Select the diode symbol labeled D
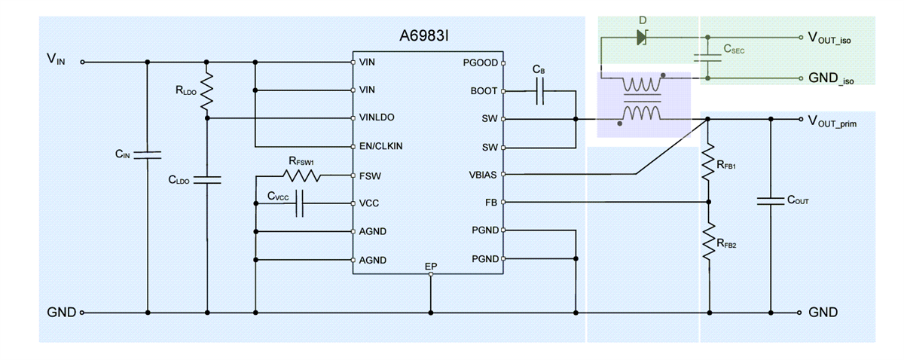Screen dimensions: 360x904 tap(642, 36)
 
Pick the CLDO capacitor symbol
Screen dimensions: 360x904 tap(206, 180)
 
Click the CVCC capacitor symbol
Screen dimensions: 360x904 tap(299, 203)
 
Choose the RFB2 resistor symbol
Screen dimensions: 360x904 tap(708, 243)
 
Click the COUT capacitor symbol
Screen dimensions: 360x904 tap(771, 201)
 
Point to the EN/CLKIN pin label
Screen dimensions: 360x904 tap(381, 146)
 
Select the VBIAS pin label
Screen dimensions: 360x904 tap(482, 174)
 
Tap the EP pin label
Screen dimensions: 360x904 tap(431, 266)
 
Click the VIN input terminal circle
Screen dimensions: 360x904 tap(82, 63)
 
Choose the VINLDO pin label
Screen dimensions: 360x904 tap(377, 118)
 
